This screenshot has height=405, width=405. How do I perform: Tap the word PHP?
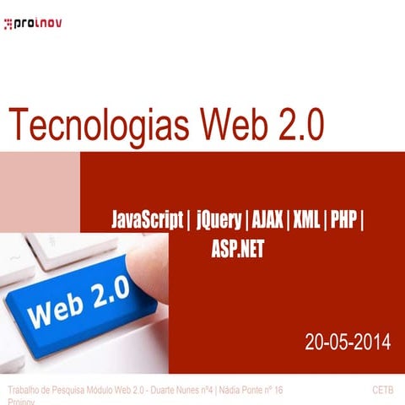coord(343,222)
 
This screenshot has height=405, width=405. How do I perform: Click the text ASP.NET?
coord(238,247)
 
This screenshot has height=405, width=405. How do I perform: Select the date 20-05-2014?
coord(348,342)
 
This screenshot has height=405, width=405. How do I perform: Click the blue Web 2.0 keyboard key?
coord(80,304)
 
